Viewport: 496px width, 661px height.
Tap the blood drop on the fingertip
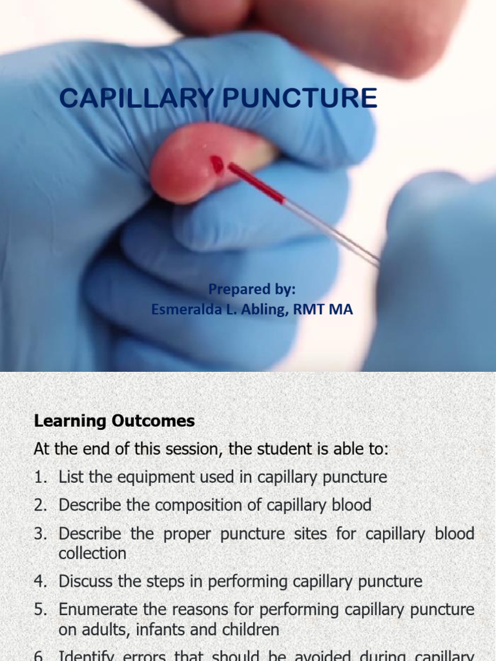point(217,165)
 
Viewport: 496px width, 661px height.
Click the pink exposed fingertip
point(187,165)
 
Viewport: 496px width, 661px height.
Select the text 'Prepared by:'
point(252,289)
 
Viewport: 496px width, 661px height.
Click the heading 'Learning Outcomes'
point(114,422)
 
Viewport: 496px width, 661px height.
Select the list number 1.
point(40,478)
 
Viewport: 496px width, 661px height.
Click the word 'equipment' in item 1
point(134,478)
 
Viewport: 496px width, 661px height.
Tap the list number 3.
point(40,534)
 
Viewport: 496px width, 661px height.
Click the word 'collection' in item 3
point(92,554)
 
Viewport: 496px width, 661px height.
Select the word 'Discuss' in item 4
point(83,582)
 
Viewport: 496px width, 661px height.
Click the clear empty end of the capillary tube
point(336,232)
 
